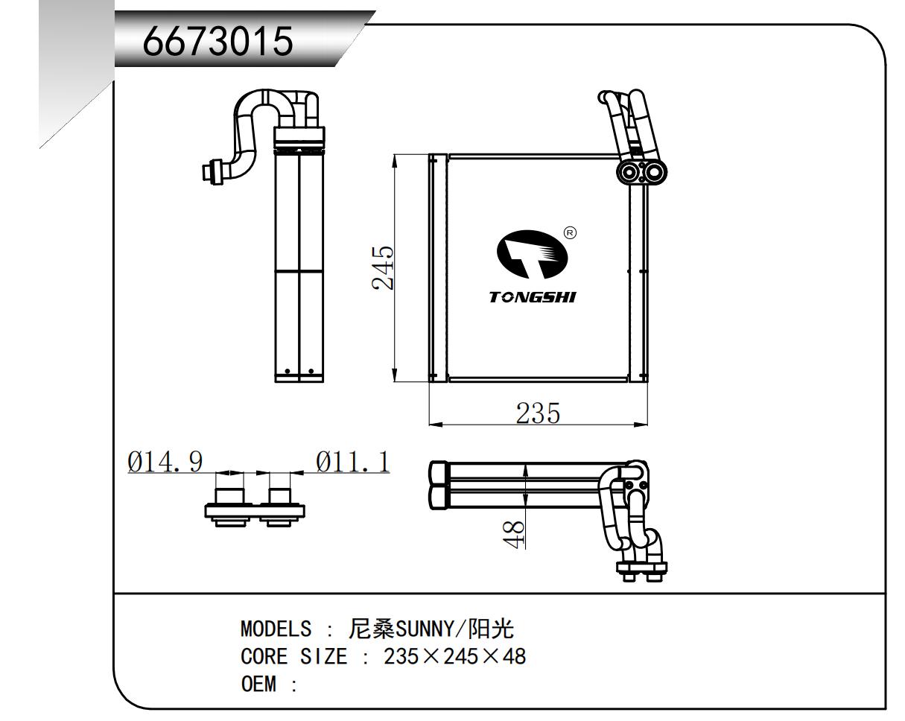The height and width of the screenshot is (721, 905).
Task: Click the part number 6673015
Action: click(218, 43)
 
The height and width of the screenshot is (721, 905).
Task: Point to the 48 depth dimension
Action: click(514, 533)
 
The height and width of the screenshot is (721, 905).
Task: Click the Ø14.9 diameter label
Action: click(165, 462)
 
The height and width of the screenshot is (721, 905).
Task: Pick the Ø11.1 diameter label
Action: click(352, 462)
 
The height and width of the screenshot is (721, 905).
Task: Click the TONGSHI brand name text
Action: click(532, 297)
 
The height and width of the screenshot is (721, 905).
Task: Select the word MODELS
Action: click(276, 629)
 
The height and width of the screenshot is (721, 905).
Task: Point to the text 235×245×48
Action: click(455, 657)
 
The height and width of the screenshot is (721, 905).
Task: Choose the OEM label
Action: click(258, 684)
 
